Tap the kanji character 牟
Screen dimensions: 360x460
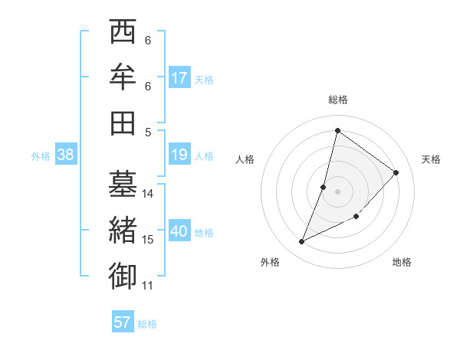(x=123, y=77)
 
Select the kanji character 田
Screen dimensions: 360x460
(x=123, y=122)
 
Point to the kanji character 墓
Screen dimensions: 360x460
(x=123, y=185)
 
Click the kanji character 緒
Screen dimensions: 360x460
(x=123, y=231)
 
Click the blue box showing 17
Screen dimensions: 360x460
(x=179, y=78)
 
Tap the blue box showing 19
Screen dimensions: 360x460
(x=179, y=155)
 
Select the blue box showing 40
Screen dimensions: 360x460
(x=179, y=232)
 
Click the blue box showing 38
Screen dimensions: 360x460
(x=66, y=155)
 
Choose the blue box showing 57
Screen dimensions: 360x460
(x=123, y=322)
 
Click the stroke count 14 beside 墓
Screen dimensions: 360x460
(x=148, y=193)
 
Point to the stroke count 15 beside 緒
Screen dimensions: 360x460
(x=148, y=240)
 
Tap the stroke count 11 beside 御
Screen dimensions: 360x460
(x=148, y=286)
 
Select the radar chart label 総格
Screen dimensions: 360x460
(x=338, y=100)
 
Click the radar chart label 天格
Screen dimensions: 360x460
(x=431, y=159)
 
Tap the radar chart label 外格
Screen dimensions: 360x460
(x=270, y=262)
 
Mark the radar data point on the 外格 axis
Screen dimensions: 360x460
(x=302, y=242)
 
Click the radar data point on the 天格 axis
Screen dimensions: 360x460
(x=396, y=172)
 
